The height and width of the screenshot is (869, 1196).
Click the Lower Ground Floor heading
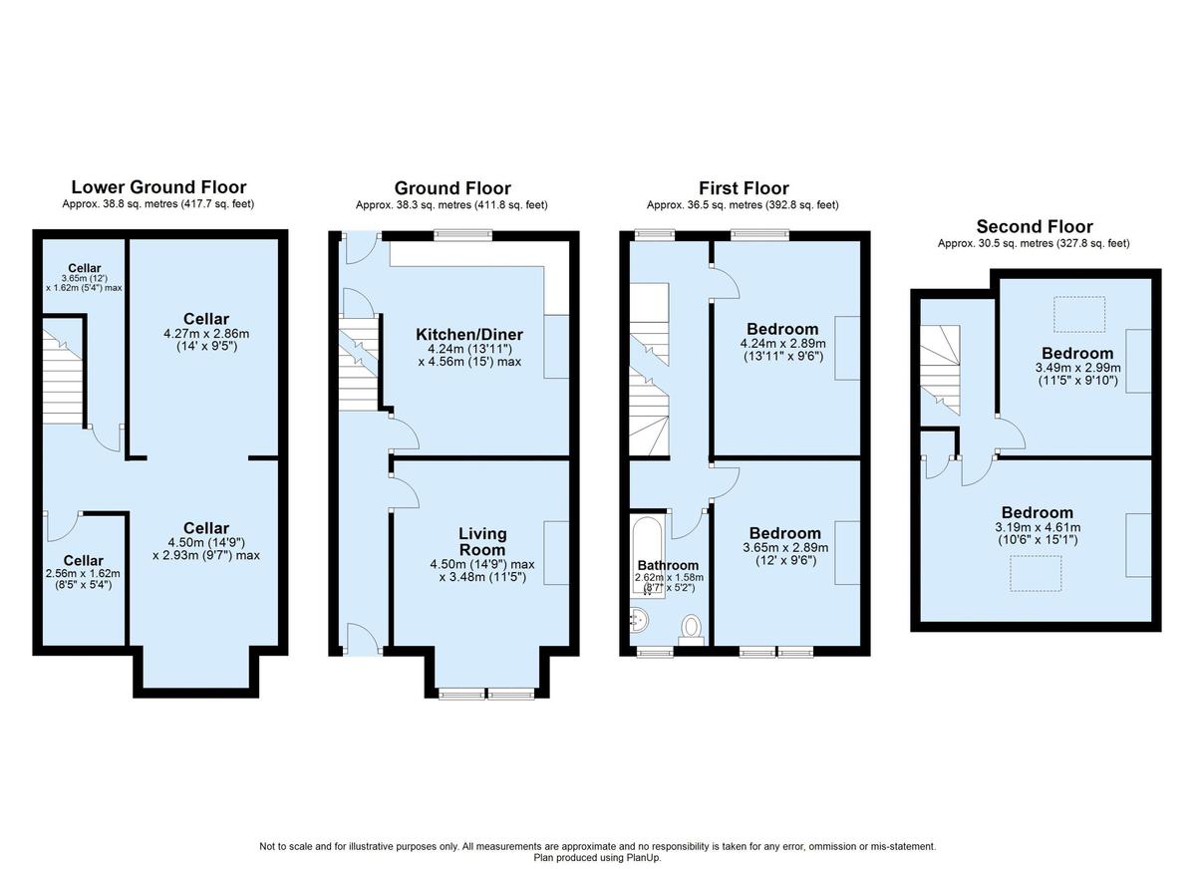[158, 186]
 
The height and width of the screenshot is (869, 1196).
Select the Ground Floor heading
[452, 187]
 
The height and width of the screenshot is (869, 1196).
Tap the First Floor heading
[744, 187]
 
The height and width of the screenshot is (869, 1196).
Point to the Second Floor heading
[1035, 226]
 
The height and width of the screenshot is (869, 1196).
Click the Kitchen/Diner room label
[469, 334]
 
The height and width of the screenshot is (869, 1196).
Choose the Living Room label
[482, 542]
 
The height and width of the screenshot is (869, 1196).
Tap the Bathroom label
[669, 565]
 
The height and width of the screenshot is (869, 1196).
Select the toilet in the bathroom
[691, 627]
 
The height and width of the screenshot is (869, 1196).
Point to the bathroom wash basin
[639, 622]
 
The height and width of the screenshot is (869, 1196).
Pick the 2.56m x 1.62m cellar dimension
[83, 573]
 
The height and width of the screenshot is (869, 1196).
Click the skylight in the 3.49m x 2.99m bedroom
[1079, 315]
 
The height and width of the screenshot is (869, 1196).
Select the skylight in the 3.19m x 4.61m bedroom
[1038, 573]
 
